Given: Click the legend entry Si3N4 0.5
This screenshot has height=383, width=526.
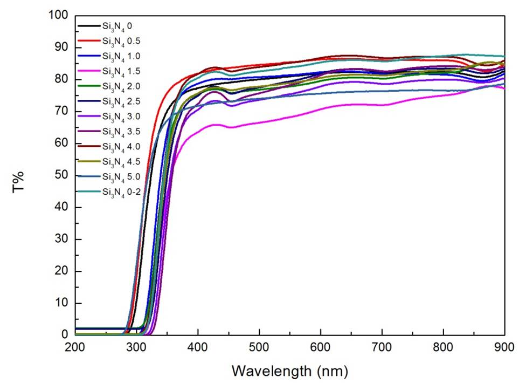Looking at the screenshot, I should tap(114, 41).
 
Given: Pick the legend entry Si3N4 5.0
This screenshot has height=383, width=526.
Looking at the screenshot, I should tap(114, 176).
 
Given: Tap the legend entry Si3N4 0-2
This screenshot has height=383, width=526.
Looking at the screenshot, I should tap(114, 191).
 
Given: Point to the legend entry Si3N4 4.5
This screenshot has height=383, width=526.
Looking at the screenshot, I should tap(114, 161).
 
